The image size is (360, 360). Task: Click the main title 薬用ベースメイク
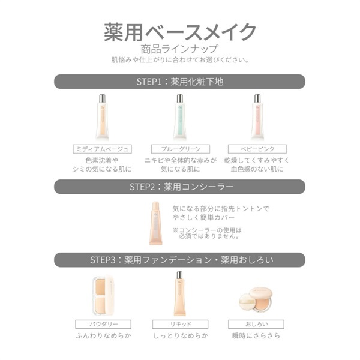180,31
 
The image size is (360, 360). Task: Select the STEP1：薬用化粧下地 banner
180,82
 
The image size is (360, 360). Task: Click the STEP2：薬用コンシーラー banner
180,187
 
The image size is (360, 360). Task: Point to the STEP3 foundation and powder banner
180,260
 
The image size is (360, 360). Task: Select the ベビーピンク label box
257,148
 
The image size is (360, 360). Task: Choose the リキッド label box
179,325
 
